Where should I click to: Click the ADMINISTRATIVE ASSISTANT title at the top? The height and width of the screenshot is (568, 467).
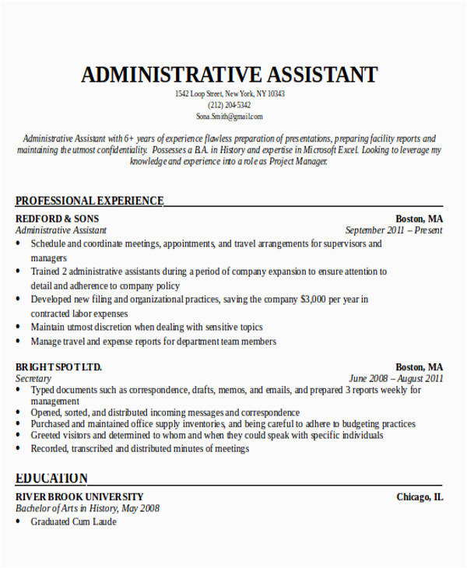tap(230, 75)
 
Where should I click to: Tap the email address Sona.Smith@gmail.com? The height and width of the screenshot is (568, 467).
tap(230, 117)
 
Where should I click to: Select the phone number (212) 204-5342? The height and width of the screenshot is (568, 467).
tap(230, 105)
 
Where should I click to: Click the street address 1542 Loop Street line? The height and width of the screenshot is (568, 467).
tap(230, 94)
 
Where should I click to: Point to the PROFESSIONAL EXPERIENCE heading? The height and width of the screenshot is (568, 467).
tap(90, 201)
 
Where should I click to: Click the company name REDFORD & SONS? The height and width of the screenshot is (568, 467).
tap(58, 219)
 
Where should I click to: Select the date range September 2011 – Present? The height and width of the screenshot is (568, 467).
tap(394, 230)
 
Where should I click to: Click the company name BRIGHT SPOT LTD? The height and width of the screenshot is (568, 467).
tap(58, 366)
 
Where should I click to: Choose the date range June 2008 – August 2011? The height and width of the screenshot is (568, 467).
tap(396, 379)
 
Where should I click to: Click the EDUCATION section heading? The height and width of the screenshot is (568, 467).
tap(51, 478)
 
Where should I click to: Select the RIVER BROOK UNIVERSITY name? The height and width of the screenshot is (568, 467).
tap(79, 496)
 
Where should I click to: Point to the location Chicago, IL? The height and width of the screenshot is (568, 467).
tap(420, 496)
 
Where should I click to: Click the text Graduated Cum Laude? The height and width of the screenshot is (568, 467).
tap(73, 522)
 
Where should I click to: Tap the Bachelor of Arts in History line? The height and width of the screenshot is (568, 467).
tap(88, 508)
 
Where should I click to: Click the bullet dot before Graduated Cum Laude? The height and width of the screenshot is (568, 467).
tap(19, 522)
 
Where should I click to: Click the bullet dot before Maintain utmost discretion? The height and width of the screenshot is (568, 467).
tap(19, 328)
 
